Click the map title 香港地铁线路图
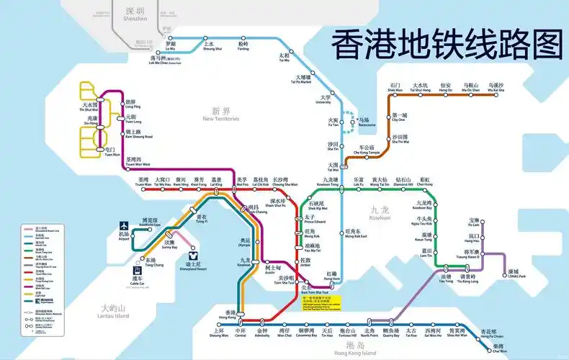click(x=445, y=45)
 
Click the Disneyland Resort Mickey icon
click(x=193, y=255)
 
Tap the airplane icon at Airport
click(x=124, y=234)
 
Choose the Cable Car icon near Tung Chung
click(x=136, y=274)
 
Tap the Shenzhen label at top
click(x=135, y=14)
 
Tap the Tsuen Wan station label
click(x=143, y=181)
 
